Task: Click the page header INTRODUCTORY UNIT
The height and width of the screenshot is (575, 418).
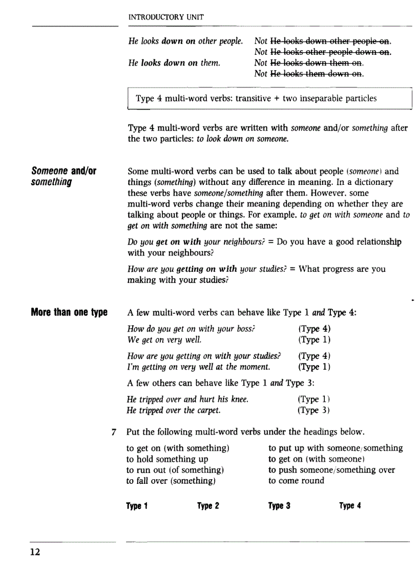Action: [165, 17]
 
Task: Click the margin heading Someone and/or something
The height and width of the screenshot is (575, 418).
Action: [64, 176]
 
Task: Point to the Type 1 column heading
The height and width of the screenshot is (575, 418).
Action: [137, 506]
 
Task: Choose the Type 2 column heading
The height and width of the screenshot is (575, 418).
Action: [208, 506]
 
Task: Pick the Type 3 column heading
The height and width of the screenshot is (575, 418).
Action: [279, 506]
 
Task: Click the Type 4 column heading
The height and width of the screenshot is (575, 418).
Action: [350, 506]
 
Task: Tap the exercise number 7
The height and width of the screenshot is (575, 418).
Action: [113, 432]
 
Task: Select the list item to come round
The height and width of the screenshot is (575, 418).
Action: [296, 480]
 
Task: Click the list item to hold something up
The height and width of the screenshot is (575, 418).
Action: [167, 459]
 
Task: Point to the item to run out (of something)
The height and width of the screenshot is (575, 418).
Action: [175, 470]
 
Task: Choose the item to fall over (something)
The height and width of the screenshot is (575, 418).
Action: [171, 480]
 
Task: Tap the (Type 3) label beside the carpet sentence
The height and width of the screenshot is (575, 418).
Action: [313, 410]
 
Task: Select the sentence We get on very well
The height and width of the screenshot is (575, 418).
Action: [164, 339]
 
